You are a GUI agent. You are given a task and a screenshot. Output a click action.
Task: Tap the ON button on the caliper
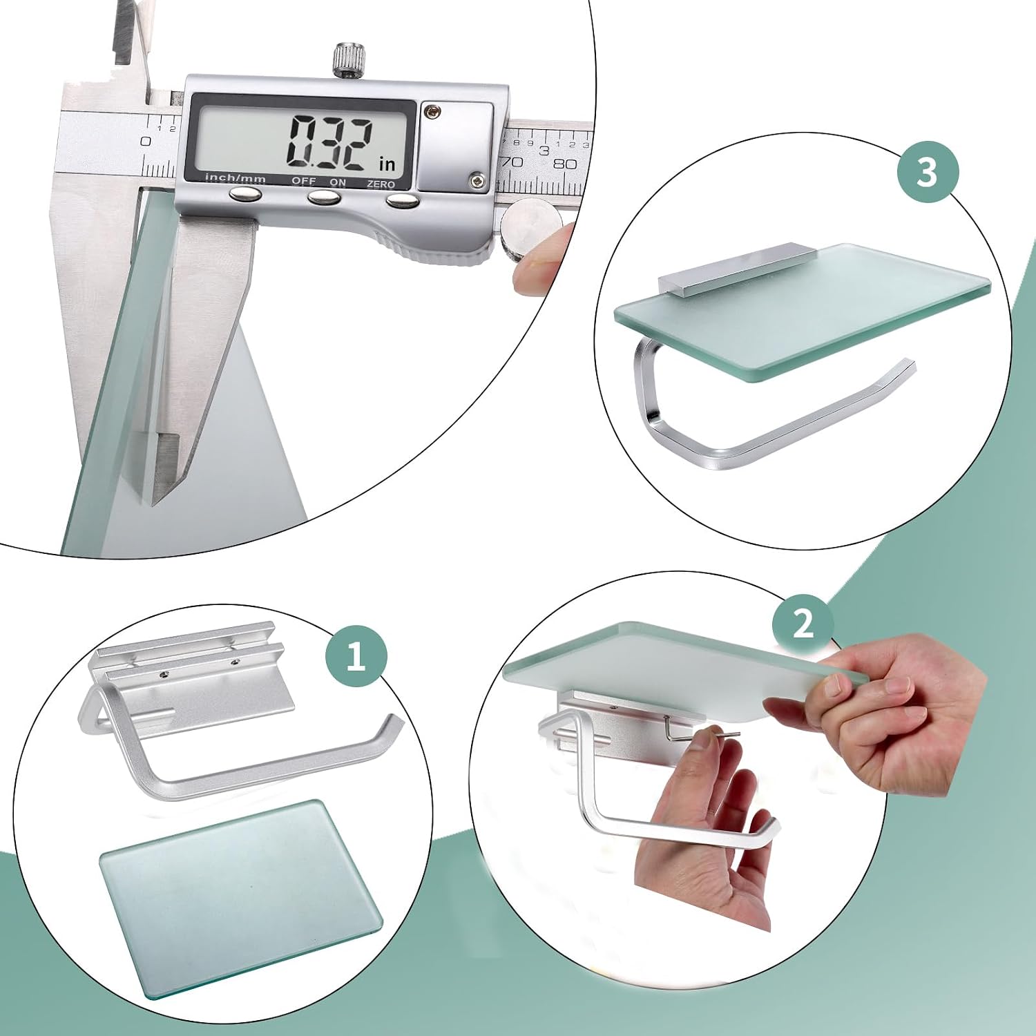pyautogui.click(x=323, y=198)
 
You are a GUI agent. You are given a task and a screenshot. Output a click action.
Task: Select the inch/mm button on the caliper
pyautogui.click(x=245, y=195)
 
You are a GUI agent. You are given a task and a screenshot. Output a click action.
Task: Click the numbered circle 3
pyautogui.click(x=928, y=171)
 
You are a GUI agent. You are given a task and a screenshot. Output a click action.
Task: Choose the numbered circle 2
pyautogui.click(x=803, y=623)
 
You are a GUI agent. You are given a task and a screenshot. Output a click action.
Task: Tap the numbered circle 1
pyautogui.click(x=356, y=655)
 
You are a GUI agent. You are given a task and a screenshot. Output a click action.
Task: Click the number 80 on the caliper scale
pyautogui.click(x=564, y=164)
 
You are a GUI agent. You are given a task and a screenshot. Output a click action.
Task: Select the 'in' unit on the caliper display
pyautogui.click(x=387, y=164)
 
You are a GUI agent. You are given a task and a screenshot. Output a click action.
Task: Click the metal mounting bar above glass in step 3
pyautogui.click(x=734, y=269)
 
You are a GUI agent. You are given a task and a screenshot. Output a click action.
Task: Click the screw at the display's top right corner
pyautogui.click(x=433, y=108)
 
